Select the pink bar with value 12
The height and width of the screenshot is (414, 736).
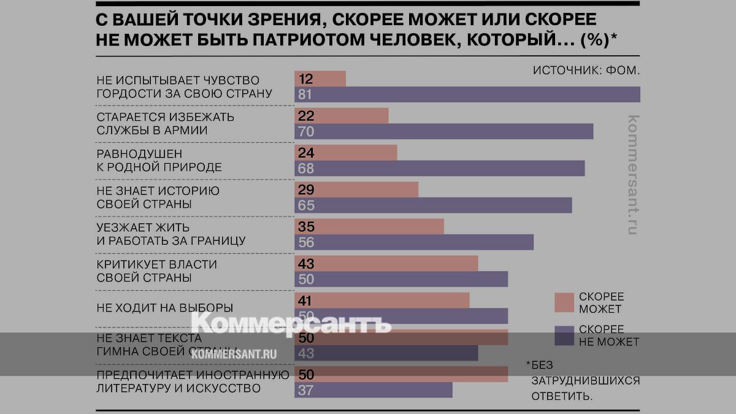(320, 79)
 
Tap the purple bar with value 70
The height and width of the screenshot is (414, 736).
(443, 131)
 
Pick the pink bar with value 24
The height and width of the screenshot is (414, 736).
(346, 153)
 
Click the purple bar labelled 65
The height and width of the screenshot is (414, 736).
(433, 205)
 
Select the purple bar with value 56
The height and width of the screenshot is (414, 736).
(414, 242)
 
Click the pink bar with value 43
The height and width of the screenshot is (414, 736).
(386, 263)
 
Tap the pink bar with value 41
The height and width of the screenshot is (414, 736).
(382, 300)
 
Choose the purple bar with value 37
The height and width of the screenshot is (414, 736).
(374, 389)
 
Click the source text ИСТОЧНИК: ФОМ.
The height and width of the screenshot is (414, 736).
(586, 70)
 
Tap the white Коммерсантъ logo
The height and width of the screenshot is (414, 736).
(291, 324)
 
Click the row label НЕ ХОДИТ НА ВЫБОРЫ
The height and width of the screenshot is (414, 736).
(164, 307)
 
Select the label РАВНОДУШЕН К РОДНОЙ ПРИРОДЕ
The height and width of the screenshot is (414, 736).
(159, 160)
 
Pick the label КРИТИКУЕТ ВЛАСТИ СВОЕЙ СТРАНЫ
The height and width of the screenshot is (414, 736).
(157, 270)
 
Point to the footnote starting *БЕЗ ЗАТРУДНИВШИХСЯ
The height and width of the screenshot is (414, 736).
(583, 380)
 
